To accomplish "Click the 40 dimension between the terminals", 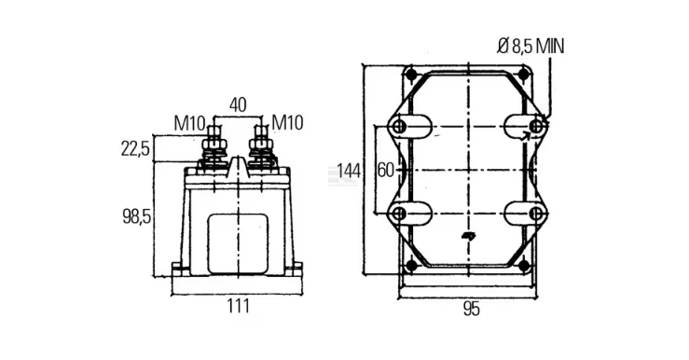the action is point(238,105).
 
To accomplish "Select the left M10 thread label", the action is point(189,123).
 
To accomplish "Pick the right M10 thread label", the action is point(287,122).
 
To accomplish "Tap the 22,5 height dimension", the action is point(135,149).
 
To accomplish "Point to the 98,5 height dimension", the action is point(136,216).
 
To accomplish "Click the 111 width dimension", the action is point(238,306).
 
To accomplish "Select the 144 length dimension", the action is point(349,171).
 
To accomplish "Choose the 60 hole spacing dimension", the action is point(386,171).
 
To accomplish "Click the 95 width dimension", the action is point(471,310).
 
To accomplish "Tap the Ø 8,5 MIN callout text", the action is point(531,46).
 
